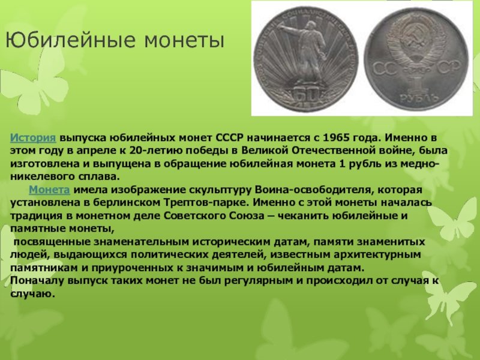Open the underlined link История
pyautogui.click(x=33, y=138)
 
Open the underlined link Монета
pyautogui.click(x=49, y=190)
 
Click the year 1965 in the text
pyautogui.click(x=336, y=138)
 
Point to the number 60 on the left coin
pyautogui.click(x=306, y=95)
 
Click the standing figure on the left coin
pyautogui.click(x=306, y=52)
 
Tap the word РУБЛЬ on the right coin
pyautogui.click(x=415, y=98)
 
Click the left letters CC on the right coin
pyautogui.click(x=385, y=68)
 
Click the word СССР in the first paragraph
pyautogui.click(x=230, y=138)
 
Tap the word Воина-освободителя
pyautogui.click(x=313, y=190)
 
